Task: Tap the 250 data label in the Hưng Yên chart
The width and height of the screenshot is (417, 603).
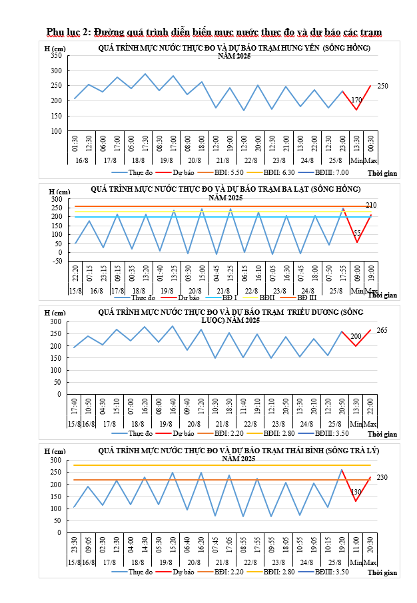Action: tap(382, 87)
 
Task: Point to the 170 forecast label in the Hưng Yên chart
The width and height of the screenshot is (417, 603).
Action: tap(356, 100)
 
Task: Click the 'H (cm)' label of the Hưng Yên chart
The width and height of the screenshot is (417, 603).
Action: tap(55, 48)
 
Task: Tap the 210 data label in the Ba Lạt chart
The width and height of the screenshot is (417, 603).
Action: tap(371, 205)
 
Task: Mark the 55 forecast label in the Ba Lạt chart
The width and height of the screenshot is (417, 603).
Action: tap(357, 234)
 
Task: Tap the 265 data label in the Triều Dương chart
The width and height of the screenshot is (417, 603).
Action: tap(382, 330)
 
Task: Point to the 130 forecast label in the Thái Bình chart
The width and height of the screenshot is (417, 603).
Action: tap(356, 492)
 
